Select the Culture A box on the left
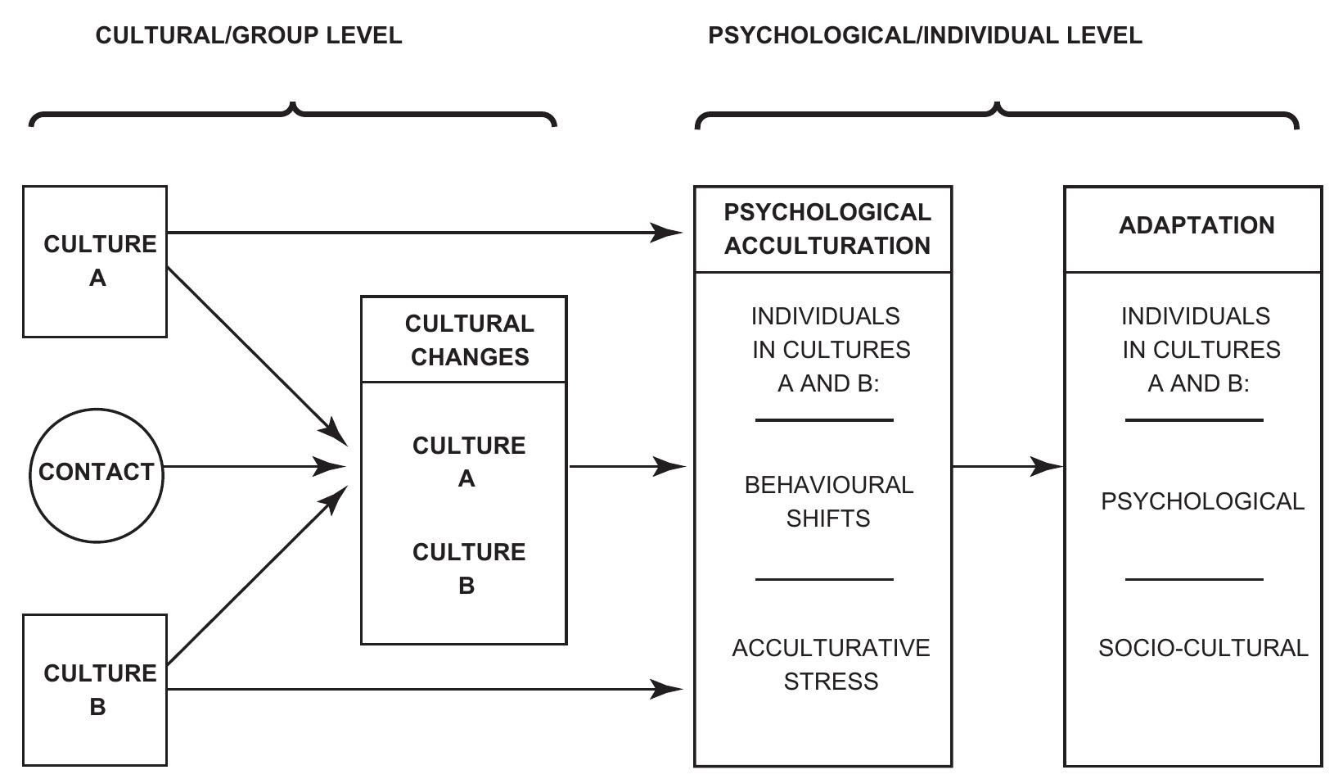tap(95, 261)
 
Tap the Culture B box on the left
tap(95, 690)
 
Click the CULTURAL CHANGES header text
tap(469, 340)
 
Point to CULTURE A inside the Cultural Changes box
tap(468, 462)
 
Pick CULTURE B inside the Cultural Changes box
tap(468, 568)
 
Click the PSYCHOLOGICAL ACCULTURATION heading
tap(827, 229)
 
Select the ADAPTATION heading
tap(1196, 226)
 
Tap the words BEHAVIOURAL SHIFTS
tap(828, 501)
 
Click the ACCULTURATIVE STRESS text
tap(830, 664)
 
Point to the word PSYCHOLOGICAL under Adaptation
tap(1201, 501)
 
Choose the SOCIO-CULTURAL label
tap(1202, 648)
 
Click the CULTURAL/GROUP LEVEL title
tap(249, 36)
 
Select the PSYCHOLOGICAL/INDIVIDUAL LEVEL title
tap(925, 36)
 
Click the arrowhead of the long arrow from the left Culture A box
tap(668, 233)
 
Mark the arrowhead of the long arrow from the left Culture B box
tap(668, 689)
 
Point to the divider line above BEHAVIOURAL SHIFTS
tap(823, 420)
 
